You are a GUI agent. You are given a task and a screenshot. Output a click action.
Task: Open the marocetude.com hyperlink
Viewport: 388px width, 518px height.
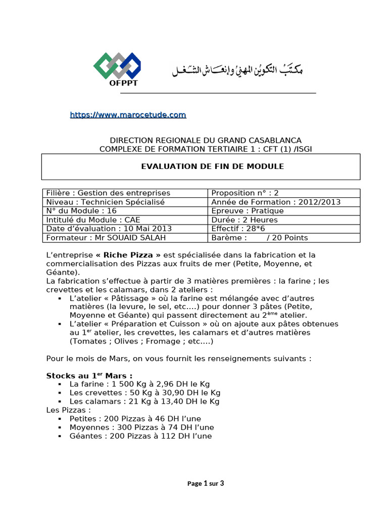click(x=128, y=115)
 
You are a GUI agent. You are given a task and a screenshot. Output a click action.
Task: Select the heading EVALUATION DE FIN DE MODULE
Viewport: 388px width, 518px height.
click(x=212, y=166)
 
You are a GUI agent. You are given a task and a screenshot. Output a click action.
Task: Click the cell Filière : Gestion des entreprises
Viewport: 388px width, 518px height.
click(x=108, y=193)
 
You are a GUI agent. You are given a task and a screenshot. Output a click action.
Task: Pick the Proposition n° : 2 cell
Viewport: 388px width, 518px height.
click(x=245, y=193)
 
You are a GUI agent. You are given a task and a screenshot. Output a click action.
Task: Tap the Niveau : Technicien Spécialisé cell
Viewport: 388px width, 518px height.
click(x=106, y=202)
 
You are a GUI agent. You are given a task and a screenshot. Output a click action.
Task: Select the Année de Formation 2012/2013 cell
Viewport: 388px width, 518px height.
click(x=276, y=202)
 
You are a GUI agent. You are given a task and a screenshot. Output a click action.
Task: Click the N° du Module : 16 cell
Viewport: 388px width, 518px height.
click(x=81, y=211)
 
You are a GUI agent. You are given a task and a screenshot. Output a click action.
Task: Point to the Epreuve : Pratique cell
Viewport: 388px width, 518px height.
click(x=248, y=211)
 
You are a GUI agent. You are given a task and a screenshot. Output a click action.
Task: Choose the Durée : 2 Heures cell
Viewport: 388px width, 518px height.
click(x=245, y=220)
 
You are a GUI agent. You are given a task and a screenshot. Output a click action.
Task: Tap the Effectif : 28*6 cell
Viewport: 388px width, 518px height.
click(x=237, y=229)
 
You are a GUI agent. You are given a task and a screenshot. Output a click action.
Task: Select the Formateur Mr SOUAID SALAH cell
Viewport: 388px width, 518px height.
click(x=106, y=238)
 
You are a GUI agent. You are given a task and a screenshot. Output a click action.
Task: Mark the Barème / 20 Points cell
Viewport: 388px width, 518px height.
click(x=260, y=238)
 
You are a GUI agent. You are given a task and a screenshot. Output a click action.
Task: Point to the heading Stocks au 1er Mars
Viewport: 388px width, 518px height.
click(x=89, y=376)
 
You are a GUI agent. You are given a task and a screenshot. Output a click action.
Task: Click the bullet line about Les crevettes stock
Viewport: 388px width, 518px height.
click(x=145, y=393)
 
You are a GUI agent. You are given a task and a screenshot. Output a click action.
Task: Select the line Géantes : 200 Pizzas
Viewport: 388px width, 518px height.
click(x=141, y=436)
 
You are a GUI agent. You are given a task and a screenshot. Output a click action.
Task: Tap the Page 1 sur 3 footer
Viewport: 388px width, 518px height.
click(x=206, y=483)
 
